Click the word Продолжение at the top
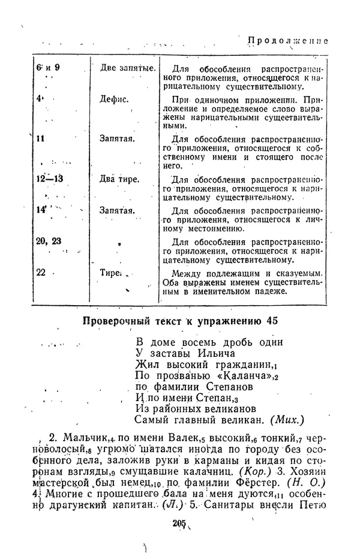coord(289,41)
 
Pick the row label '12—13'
coord(50,179)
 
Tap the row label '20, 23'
coord(49,241)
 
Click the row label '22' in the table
coord(41,272)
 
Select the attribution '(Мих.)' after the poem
coord(287,419)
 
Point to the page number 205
coord(178,523)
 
